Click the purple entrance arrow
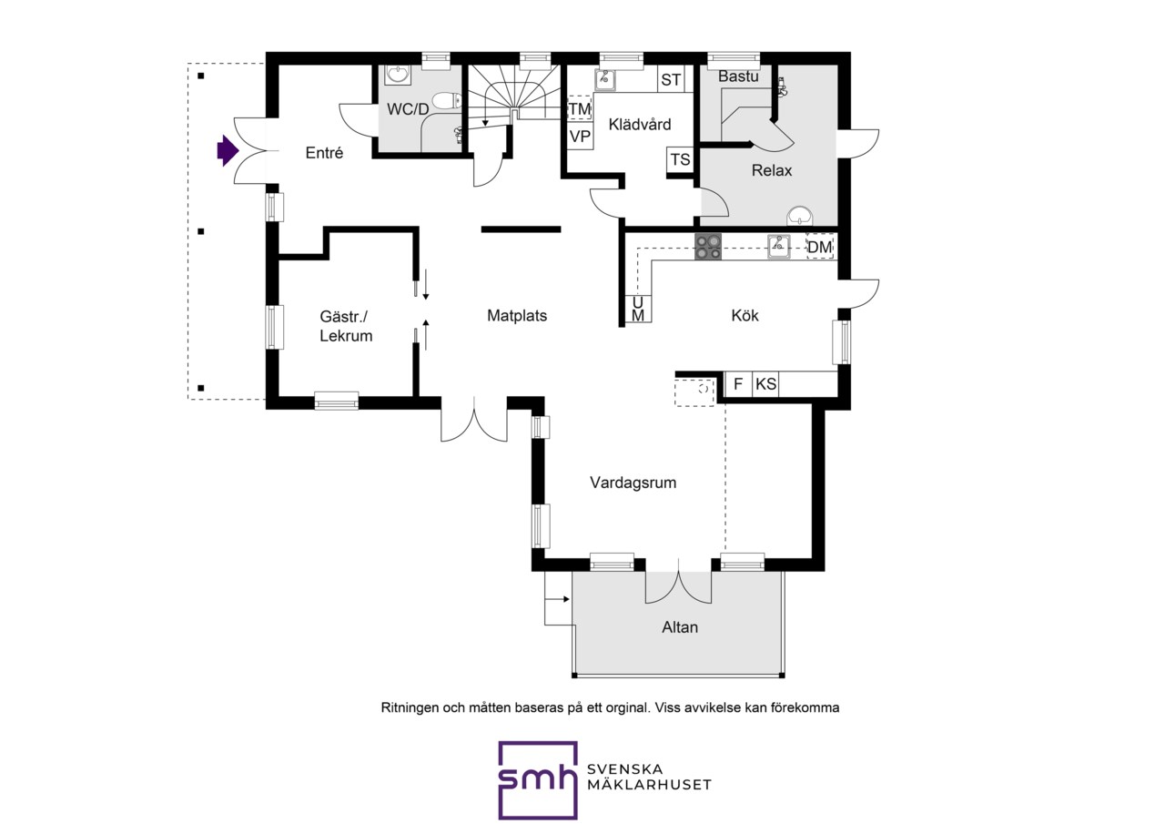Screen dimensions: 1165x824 (x=228, y=151)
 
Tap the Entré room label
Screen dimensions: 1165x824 (x=324, y=153)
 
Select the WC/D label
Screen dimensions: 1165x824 (x=408, y=109)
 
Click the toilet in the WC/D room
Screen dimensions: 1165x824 (x=445, y=100)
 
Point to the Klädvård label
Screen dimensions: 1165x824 (x=640, y=125)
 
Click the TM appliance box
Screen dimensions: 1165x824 (x=580, y=108)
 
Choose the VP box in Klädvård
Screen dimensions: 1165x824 (x=580, y=137)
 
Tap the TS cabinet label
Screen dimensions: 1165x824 (x=680, y=159)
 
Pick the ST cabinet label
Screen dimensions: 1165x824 (x=671, y=79)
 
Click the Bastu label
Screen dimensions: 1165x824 (x=738, y=76)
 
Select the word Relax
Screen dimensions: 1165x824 (x=771, y=170)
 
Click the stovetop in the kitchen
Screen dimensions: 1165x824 (x=708, y=247)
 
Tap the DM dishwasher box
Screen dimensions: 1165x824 (x=820, y=247)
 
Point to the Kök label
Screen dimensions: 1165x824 (x=745, y=315)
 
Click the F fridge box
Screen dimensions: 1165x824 (x=737, y=384)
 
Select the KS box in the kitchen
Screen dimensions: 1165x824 (x=765, y=384)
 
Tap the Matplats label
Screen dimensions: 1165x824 (x=517, y=316)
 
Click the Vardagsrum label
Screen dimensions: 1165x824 (x=633, y=483)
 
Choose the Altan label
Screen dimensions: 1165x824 (x=680, y=627)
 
